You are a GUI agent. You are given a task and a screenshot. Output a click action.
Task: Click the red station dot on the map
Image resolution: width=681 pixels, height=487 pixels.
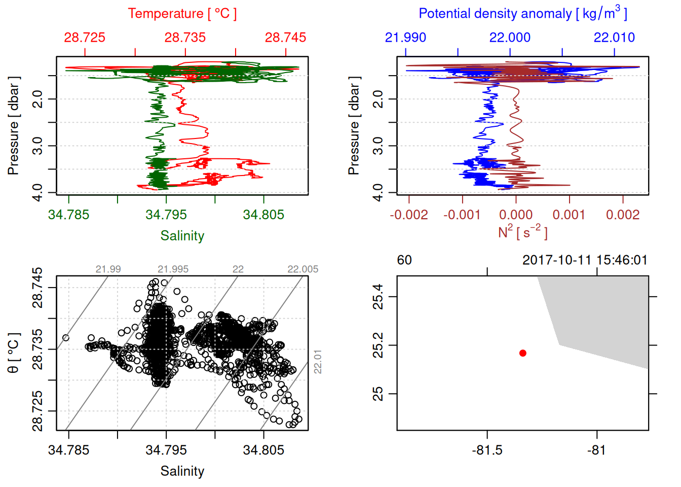tap(522, 353)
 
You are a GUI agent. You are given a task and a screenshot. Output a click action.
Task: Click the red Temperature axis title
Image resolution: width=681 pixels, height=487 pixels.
tap(182, 14)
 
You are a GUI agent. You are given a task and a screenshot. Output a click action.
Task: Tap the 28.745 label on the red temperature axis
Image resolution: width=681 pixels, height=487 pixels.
tap(285, 38)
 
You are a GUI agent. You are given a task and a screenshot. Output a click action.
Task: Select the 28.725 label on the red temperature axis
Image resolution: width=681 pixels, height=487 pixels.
tap(85, 38)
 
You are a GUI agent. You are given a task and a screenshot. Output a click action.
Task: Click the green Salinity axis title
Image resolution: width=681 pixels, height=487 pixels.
tap(182, 236)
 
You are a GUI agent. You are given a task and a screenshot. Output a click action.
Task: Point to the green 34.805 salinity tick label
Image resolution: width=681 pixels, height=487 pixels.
tap(263, 215)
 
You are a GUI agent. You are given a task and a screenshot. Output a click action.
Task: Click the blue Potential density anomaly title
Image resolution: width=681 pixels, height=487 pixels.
tap(522, 14)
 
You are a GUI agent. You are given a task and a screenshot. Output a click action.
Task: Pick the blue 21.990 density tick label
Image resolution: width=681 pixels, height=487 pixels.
tap(405, 38)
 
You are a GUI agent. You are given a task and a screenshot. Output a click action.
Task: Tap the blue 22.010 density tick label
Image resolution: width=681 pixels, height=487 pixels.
tap(614, 38)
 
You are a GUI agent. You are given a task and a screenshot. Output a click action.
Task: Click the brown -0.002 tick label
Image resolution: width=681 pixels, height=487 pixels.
tap(409, 215)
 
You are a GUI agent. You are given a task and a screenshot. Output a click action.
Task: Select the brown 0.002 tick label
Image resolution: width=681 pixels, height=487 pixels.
tap(623, 215)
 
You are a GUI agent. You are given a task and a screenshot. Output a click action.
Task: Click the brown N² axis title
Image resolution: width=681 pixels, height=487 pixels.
tap(522, 232)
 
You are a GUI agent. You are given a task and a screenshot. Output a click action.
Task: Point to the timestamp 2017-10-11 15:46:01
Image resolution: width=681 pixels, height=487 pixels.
tap(585, 260)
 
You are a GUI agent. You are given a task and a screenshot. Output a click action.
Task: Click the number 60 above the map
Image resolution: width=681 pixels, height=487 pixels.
tap(404, 260)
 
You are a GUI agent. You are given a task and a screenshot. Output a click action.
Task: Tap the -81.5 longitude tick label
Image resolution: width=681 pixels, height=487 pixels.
tap(487, 450)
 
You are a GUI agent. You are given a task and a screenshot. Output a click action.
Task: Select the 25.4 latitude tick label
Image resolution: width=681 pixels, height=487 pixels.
tap(378, 297)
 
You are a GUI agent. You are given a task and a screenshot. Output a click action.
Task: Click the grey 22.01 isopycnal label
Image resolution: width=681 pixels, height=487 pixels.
tap(318, 361)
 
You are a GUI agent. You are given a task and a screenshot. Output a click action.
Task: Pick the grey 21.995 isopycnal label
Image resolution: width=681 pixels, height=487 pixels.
tap(173, 269)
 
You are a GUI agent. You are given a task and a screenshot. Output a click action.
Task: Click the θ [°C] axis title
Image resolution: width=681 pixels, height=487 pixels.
tap(14, 353)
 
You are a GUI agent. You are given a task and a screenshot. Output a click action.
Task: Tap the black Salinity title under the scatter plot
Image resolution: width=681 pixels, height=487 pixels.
tap(182, 471)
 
